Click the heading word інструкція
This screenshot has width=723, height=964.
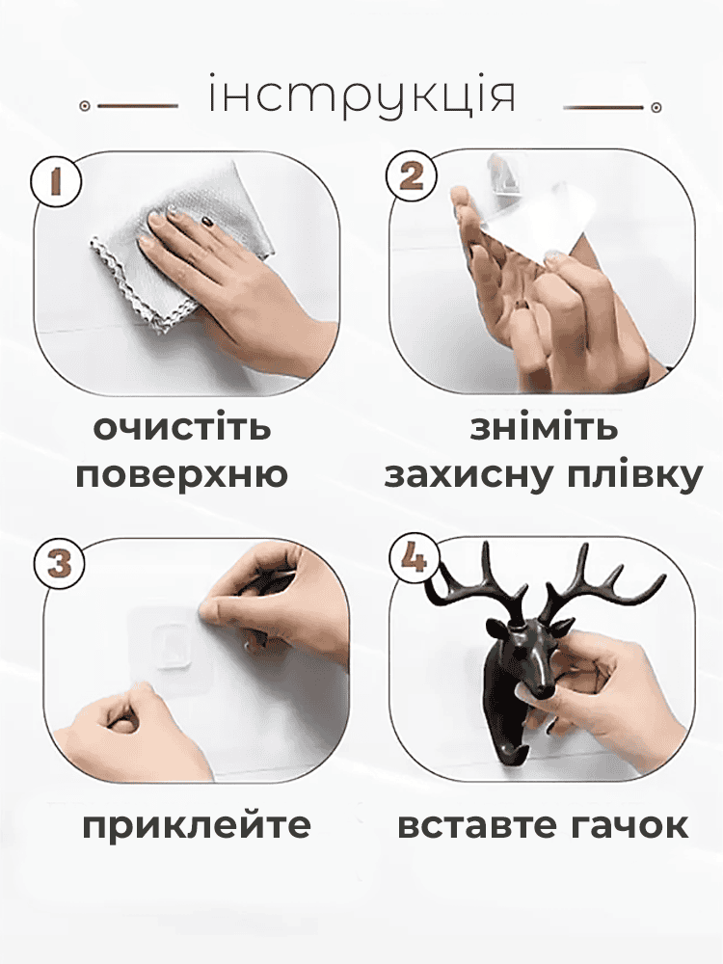(361, 96)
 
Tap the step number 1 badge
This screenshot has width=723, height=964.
(56, 181)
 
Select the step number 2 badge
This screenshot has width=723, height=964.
(412, 177)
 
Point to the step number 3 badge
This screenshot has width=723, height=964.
(60, 564)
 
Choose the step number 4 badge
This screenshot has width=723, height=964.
(415, 559)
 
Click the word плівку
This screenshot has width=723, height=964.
(633, 475)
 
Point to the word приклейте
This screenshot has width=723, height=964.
(197, 826)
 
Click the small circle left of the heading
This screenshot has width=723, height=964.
(86, 106)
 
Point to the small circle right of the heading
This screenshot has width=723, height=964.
(656, 108)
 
